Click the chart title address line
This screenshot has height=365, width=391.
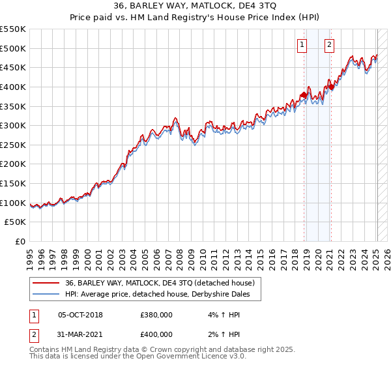click(x=195, y=7)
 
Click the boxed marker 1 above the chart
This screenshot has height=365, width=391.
click(x=303, y=45)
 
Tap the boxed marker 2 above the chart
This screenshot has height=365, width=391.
click(x=329, y=45)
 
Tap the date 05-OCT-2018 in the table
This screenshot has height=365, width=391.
click(x=80, y=315)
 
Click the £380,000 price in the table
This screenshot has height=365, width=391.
click(x=156, y=315)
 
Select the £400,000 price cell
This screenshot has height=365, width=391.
click(x=156, y=334)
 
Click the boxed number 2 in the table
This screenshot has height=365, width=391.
click(x=33, y=334)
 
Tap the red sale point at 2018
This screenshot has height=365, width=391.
click(x=304, y=95)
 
